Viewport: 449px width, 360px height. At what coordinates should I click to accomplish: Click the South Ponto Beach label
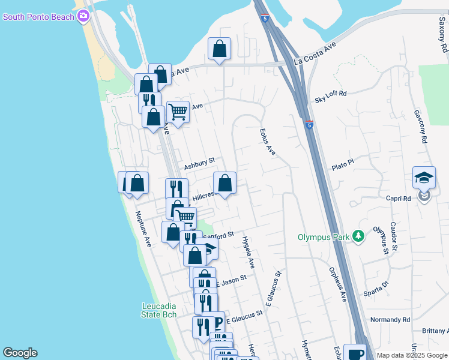tap(38, 16)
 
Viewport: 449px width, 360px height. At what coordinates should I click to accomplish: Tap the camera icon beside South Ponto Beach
tap(83, 16)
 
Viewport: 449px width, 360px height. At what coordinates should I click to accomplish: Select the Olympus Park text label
tap(324, 237)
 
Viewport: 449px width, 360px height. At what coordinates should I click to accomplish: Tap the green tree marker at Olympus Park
tap(358, 236)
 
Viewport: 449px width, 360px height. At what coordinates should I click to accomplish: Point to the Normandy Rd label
tap(390, 320)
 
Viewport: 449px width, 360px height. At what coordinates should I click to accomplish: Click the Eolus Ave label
tap(268, 142)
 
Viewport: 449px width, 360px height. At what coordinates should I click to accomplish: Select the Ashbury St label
tap(199, 163)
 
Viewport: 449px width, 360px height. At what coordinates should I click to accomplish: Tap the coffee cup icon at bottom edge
tap(356, 353)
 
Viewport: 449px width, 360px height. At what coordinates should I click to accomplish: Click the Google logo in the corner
tap(20, 353)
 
